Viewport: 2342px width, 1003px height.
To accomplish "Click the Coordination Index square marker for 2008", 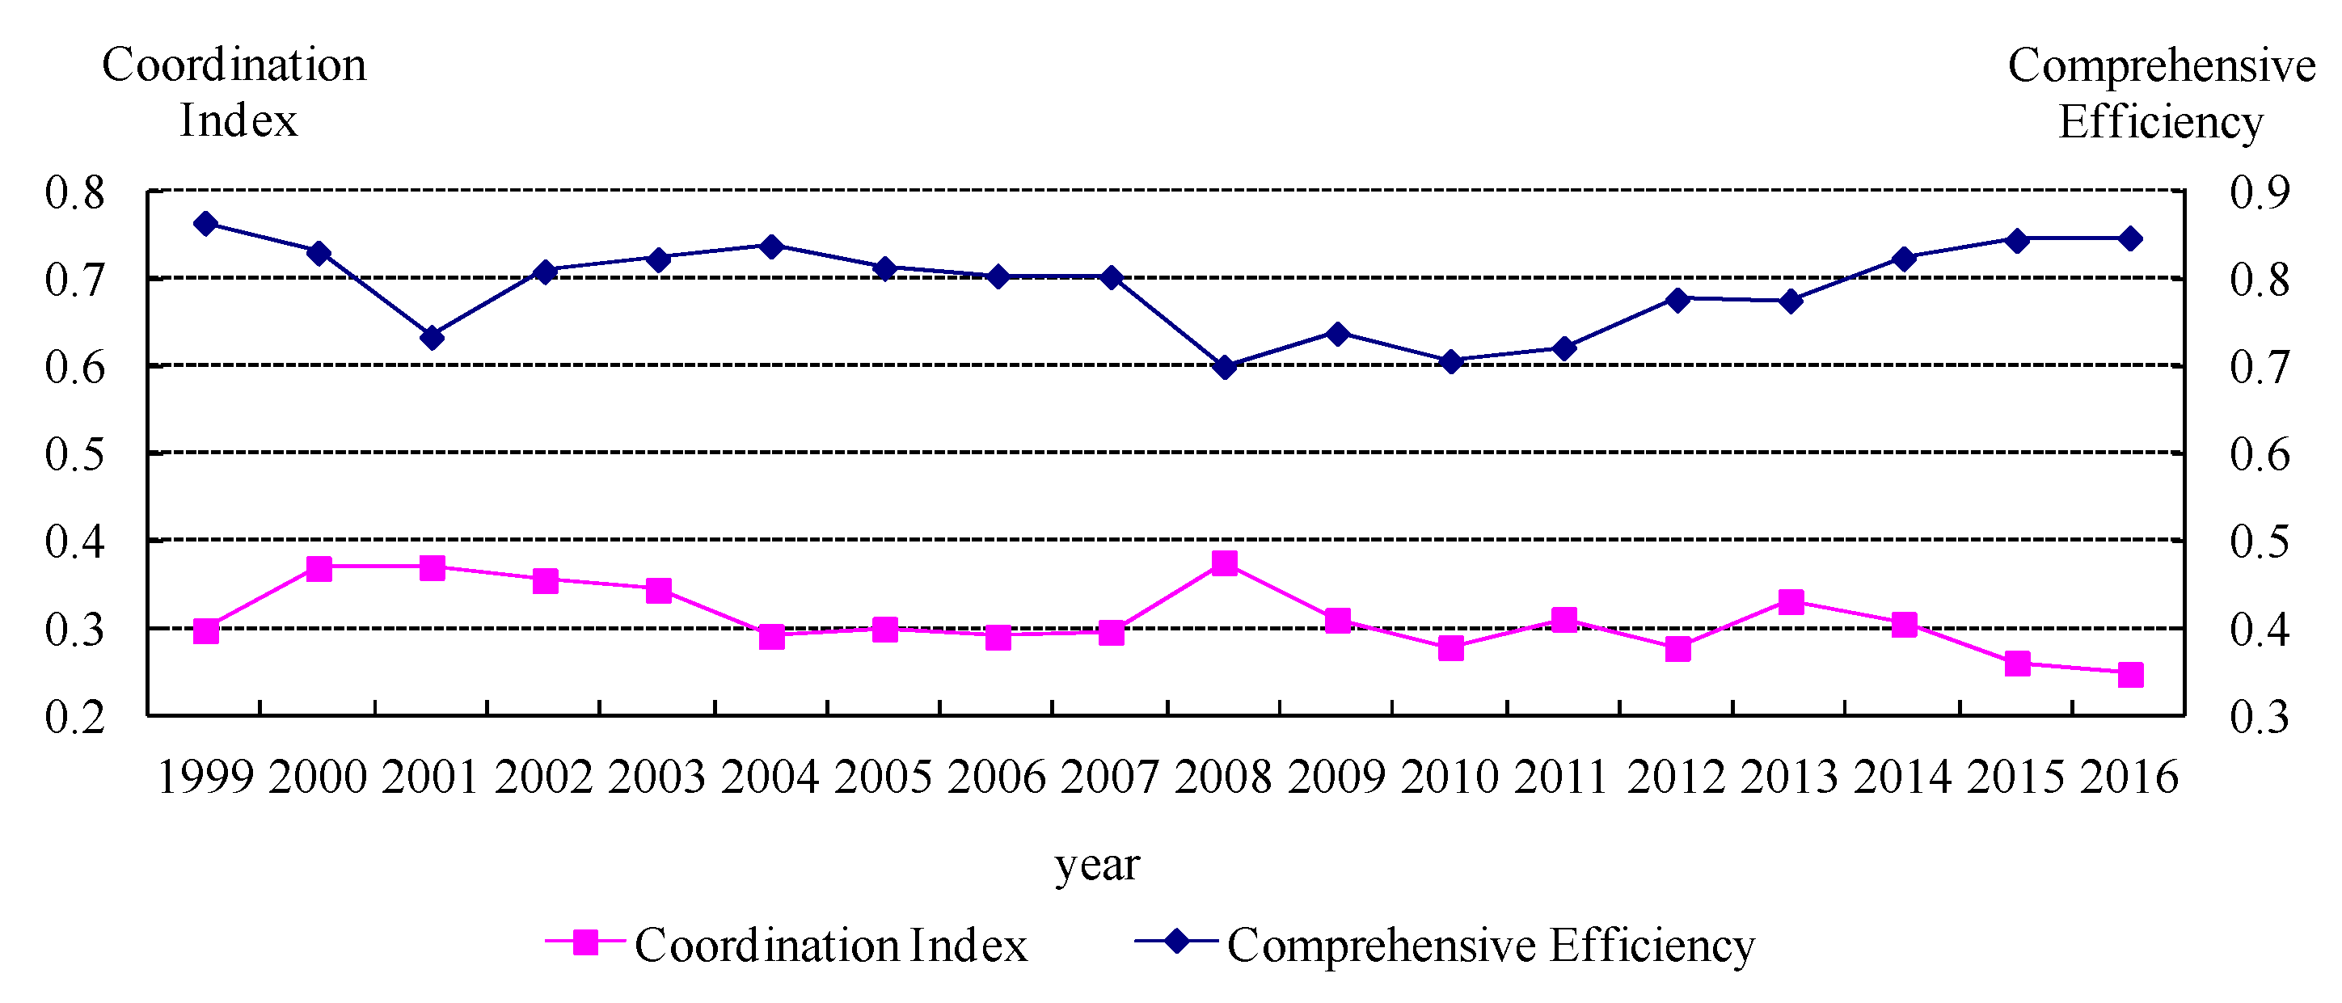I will (x=1224, y=563).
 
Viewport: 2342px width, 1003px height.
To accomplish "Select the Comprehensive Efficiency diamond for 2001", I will (x=432, y=337).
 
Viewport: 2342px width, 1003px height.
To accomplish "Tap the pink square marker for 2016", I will (x=2130, y=674).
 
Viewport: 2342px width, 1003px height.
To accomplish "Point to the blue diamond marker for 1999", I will (x=205, y=224).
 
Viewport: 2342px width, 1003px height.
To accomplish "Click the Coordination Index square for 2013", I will (x=1790, y=601).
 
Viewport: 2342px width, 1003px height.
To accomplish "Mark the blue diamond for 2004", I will (x=772, y=247).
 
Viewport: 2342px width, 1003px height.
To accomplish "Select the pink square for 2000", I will (x=319, y=569).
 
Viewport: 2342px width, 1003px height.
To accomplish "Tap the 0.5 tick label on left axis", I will (x=75, y=453).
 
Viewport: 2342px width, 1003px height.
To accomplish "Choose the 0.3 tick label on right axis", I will (x=2259, y=717).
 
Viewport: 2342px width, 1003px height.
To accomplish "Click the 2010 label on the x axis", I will (x=1450, y=777).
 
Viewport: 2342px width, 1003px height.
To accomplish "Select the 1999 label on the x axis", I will (x=205, y=777).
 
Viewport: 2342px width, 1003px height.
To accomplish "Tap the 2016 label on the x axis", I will (x=2129, y=777).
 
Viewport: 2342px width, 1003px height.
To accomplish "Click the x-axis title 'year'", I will (x=1096, y=864).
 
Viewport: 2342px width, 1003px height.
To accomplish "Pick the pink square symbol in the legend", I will (x=585, y=942).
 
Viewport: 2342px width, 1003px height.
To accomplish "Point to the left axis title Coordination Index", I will (x=234, y=92).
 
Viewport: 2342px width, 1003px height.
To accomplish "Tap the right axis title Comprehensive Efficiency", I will (x=2160, y=93).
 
